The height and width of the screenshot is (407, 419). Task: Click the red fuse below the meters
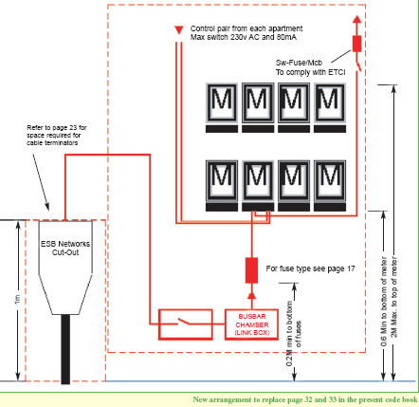click(x=252, y=269)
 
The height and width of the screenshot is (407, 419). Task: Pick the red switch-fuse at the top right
click(x=357, y=43)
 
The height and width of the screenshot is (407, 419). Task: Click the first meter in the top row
click(x=221, y=102)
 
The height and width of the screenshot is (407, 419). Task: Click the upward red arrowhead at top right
click(x=357, y=19)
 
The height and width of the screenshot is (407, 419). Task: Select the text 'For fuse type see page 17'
click(x=310, y=269)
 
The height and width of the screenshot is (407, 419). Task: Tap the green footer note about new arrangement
click(x=303, y=399)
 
